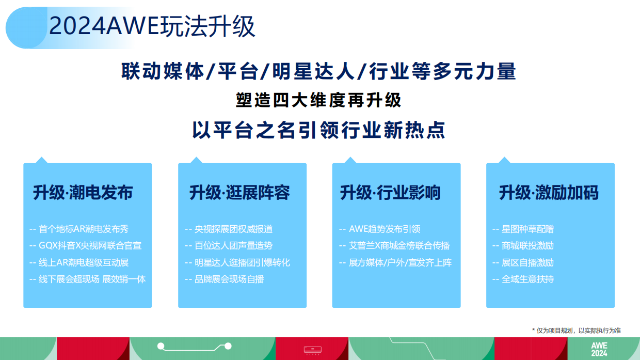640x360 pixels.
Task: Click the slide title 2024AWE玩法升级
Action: click(152, 26)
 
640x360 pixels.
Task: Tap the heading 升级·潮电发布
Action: click(83, 193)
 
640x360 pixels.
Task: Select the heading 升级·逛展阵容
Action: click(239, 193)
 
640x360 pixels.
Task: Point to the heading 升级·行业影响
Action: click(390, 193)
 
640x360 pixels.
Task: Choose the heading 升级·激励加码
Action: click(549, 193)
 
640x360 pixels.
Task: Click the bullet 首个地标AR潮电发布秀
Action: click(83, 229)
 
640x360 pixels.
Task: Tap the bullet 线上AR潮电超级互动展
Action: click(83, 262)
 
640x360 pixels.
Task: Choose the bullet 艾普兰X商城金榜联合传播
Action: click(399, 246)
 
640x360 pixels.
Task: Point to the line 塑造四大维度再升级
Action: click(318, 100)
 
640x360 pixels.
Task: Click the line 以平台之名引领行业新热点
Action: click(318, 130)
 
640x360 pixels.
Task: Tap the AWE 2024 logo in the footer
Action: click(599, 350)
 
